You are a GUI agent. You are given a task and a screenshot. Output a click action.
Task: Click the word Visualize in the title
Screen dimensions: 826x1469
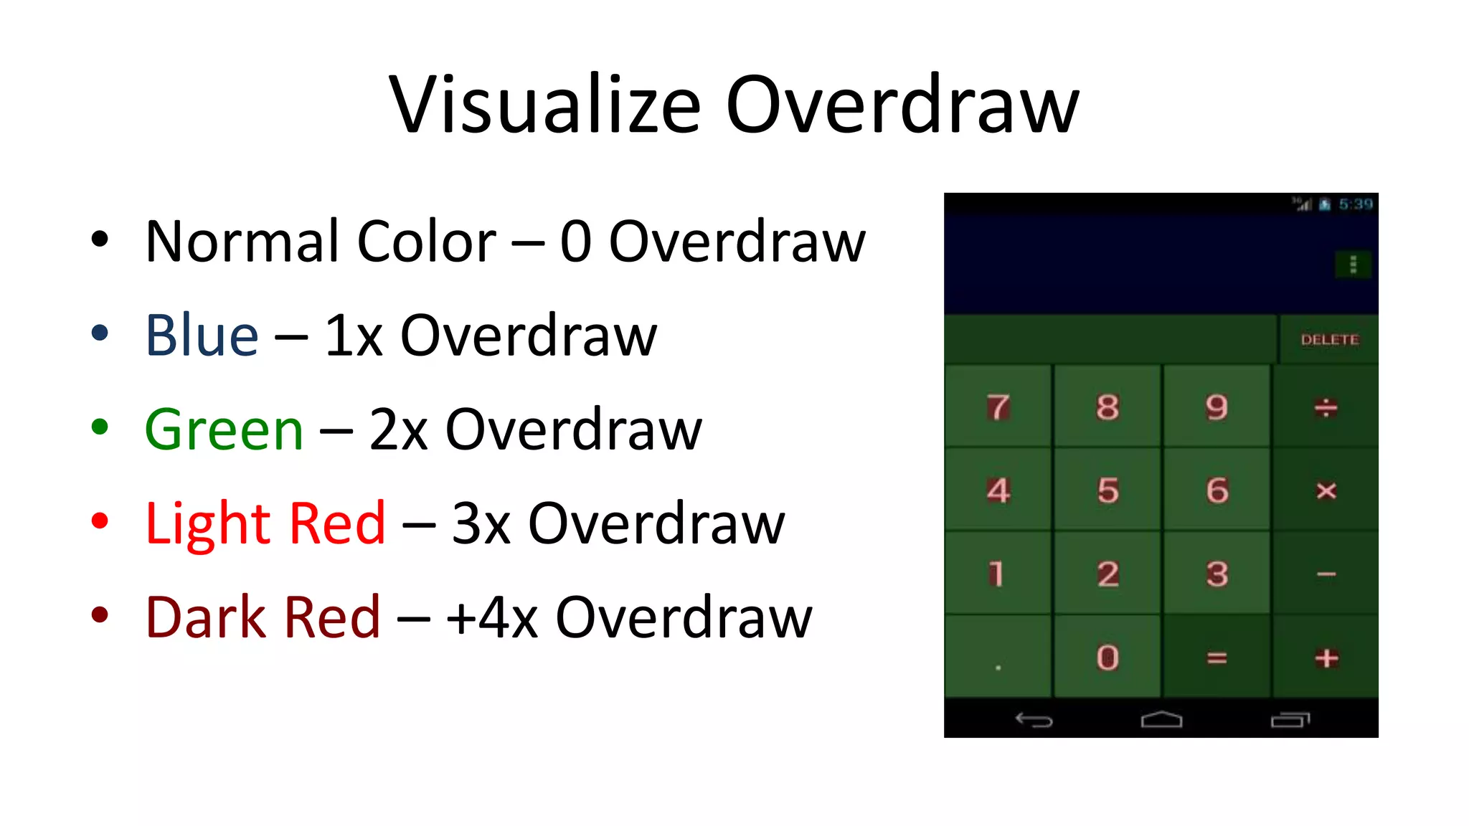(x=544, y=105)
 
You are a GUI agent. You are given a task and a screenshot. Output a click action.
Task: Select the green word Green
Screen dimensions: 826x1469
(x=224, y=429)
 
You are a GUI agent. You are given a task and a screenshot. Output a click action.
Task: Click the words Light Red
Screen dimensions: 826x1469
(x=265, y=523)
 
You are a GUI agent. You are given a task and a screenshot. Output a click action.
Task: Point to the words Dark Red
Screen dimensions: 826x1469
(x=263, y=617)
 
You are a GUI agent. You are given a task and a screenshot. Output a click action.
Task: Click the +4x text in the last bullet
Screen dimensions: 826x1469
(x=491, y=617)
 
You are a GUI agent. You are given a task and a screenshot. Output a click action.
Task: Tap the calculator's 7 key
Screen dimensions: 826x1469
(x=998, y=407)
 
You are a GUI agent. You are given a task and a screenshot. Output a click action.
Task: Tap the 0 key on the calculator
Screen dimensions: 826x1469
(x=1107, y=658)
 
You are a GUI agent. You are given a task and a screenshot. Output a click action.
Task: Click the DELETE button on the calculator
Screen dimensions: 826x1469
(x=1329, y=340)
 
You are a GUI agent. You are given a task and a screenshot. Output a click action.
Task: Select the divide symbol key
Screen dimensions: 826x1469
(x=1326, y=407)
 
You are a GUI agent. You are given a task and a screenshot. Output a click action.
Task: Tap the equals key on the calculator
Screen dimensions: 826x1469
(x=1217, y=658)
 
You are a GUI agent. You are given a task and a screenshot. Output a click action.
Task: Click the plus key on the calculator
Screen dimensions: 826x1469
(x=1326, y=658)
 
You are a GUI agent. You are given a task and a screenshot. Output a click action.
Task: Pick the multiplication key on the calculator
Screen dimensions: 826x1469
(x=1326, y=490)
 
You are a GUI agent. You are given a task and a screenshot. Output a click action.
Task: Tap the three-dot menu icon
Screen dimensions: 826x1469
(x=1353, y=265)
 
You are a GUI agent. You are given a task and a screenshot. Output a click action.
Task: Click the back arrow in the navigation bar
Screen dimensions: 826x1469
(x=1034, y=719)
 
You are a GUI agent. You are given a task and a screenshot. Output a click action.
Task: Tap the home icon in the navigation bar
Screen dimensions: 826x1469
(x=1161, y=719)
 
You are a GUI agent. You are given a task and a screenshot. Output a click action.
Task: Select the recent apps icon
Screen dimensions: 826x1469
(x=1290, y=719)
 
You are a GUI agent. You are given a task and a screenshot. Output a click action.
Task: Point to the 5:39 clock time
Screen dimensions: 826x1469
(x=1355, y=204)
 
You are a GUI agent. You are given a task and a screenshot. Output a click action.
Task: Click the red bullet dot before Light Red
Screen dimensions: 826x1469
(x=100, y=521)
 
